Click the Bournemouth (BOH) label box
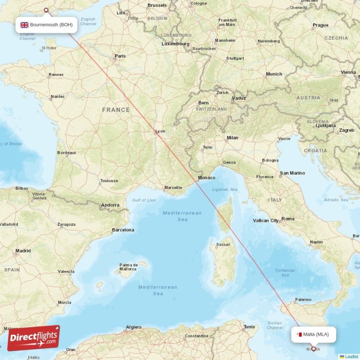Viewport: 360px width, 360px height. (x=46, y=25)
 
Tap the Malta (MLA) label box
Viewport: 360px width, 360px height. (x=313, y=334)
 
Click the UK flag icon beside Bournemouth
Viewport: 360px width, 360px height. (x=24, y=25)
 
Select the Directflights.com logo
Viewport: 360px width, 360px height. (x=33, y=337)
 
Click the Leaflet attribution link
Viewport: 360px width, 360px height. (x=351, y=356)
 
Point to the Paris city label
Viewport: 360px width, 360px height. (x=120, y=56)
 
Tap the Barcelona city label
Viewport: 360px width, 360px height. (x=123, y=230)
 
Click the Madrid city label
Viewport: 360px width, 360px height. (x=23, y=251)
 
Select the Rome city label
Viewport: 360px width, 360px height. (x=288, y=219)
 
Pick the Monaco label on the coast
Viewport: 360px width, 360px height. (x=207, y=178)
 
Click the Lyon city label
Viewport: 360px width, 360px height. (x=160, y=131)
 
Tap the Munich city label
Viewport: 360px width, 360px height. (x=274, y=74)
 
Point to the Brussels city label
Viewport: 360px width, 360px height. (x=157, y=5)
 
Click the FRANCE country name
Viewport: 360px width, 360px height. (x=116, y=110)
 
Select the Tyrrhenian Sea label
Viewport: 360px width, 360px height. (x=285, y=273)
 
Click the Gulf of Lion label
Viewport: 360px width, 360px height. (x=144, y=200)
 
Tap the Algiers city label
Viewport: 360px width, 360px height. (x=134, y=327)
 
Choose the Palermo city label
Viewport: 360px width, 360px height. (x=303, y=299)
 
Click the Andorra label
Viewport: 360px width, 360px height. (x=110, y=205)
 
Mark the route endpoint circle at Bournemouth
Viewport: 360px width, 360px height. (x=45, y=9)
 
